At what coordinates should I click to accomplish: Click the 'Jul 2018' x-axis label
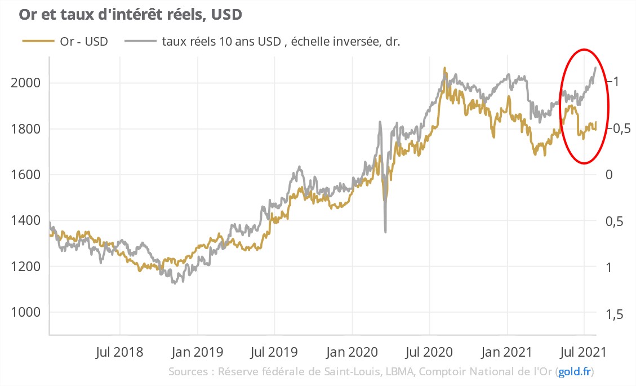point(119,352)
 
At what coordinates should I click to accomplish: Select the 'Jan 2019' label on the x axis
point(197,352)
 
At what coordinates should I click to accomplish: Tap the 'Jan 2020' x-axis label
point(352,352)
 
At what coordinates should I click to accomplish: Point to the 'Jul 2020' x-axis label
point(429,352)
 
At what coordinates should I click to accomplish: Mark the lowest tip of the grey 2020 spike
point(385,232)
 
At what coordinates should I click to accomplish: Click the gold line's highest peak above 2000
point(444,68)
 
